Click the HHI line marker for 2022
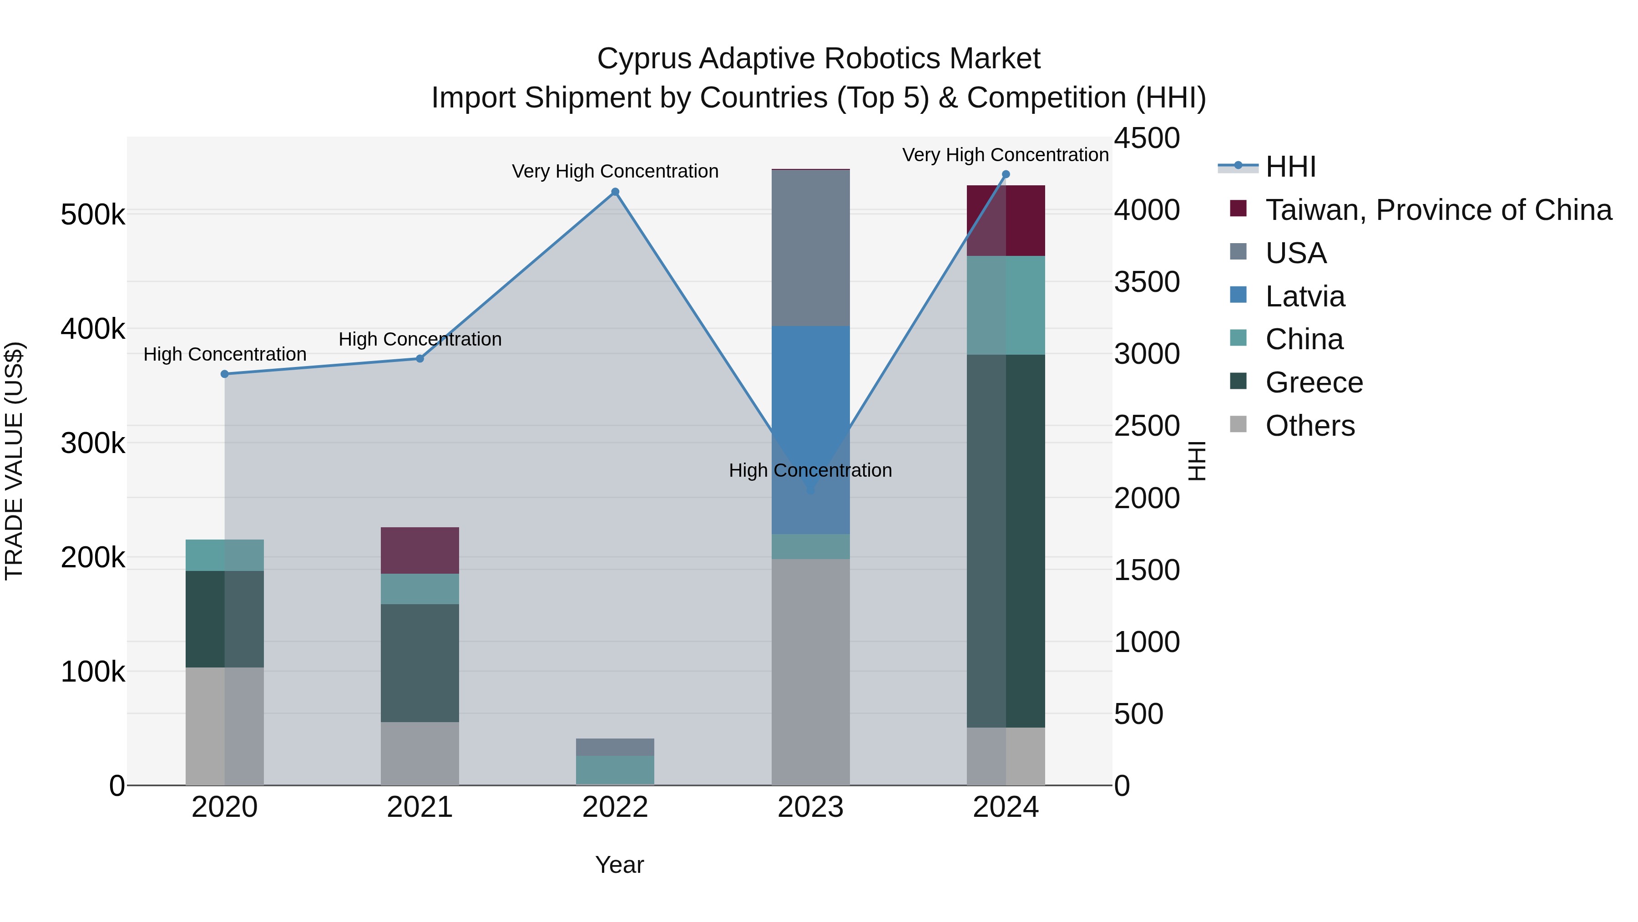coord(615,192)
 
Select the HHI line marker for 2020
coord(224,374)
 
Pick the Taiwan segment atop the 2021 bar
coord(420,550)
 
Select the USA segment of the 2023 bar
coord(810,248)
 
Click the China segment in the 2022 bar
coord(615,770)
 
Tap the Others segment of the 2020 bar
coord(224,725)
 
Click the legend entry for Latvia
coord(1305,296)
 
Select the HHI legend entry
coord(1290,167)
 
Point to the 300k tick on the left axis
coord(93,443)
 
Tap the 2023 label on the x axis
coord(810,807)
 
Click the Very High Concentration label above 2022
coord(615,171)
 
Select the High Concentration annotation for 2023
coord(810,470)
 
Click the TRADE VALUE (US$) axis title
coord(14,461)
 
